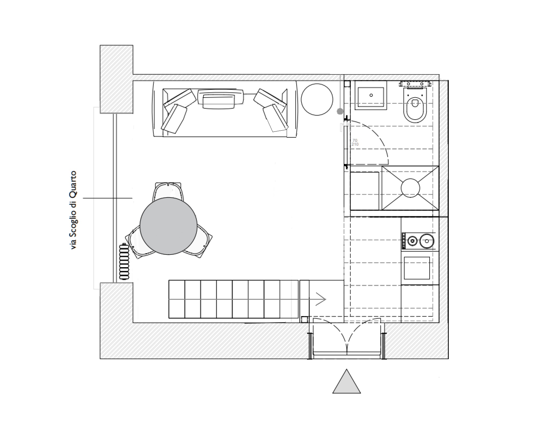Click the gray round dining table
(x=168, y=226)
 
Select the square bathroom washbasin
(x=371, y=95)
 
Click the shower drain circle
(x=410, y=188)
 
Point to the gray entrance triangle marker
(x=346, y=382)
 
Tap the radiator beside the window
(x=124, y=262)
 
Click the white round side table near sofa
(x=317, y=99)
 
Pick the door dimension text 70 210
(x=355, y=142)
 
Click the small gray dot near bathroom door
(x=340, y=111)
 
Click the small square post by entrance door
(x=304, y=320)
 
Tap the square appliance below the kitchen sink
(x=417, y=268)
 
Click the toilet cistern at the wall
(x=416, y=84)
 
